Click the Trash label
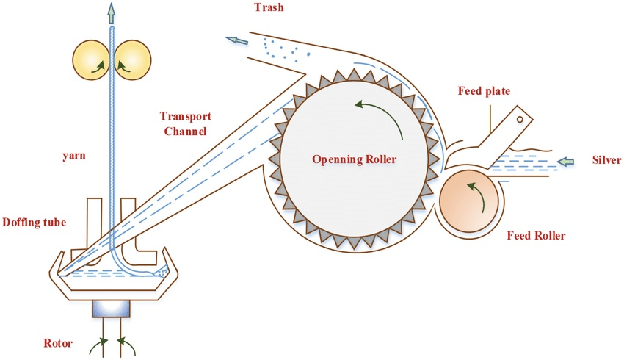269,7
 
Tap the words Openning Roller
354,159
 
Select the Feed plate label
484,91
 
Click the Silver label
606,160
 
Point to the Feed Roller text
536,236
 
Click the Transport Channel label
186,123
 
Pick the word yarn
74,155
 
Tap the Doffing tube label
35,222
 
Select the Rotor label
58,343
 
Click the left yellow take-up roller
92,60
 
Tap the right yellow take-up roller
133,60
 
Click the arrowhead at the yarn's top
112,12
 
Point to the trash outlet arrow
236,40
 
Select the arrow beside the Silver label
565,162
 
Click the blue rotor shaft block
111,309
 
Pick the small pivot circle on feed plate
520,119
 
